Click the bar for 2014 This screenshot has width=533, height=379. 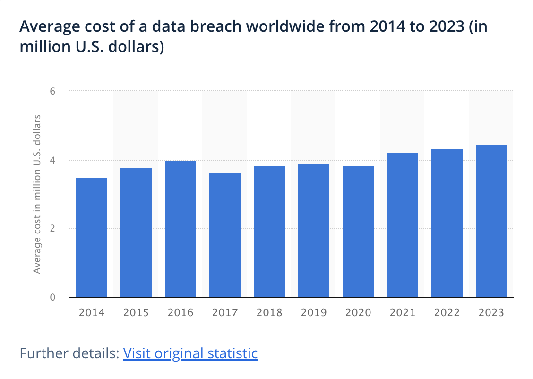click(x=92, y=238)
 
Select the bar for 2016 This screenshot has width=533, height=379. click(x=181, y=229)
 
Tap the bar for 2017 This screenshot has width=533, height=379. click(x=225, y=235)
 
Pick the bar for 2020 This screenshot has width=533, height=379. click(x=358, y=232)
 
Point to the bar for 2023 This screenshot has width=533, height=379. click(x=491, y=221)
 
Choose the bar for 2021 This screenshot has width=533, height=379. click(x=403, y=225)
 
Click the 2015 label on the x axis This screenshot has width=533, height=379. click(x=136, y=313)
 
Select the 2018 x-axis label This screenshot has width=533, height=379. click(x=269, y=313)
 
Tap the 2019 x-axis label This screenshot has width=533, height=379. click(x=314, y=313)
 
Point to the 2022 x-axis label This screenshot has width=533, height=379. click(x=447, y=313)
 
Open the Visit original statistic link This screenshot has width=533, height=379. click(x=190, y=353)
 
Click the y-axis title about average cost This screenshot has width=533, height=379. click(x=38, y=194)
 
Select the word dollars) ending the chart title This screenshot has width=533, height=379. click(x=138, y=48)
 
